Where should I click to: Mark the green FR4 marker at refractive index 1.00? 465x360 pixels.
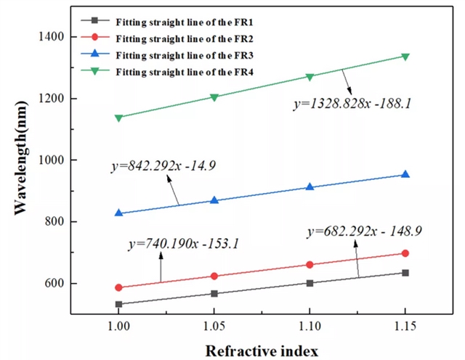click(118, 118)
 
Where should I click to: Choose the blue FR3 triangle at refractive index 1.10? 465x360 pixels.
click(310, 187)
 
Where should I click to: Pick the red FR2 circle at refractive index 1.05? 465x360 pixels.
click(214, 276)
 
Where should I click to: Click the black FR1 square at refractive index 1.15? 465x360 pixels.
click(405, 272)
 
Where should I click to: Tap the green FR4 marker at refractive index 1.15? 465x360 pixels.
click(405, 57)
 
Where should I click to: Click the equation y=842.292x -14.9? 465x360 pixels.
click(165, 166)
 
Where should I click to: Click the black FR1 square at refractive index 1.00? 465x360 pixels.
click(118, 304)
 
